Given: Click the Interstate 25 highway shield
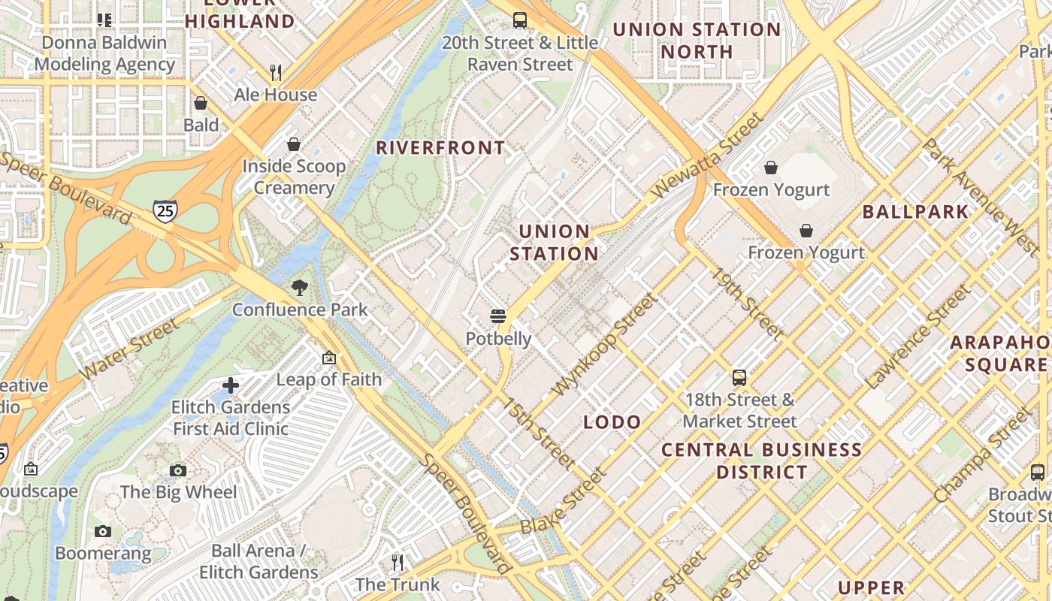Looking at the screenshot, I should point(165,210).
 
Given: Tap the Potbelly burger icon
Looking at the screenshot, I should point(497,316).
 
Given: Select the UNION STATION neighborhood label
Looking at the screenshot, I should point(555,243).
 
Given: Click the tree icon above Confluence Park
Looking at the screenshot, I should point(299,287).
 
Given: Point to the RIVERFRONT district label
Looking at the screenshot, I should point(440,148).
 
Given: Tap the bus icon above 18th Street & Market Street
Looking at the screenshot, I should point(739,377).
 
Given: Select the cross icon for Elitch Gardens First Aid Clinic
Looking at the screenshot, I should point(231,385).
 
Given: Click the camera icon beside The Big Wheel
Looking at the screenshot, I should point(178,471).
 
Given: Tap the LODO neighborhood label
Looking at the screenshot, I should point(612,422).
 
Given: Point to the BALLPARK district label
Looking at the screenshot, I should point(915,212).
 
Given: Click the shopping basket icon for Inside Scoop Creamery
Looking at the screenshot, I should point(294,143).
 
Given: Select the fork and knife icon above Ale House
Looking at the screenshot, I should point(276,72).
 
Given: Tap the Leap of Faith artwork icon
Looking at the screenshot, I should point(329,358).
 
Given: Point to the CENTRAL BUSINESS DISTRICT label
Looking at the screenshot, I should point(761,461).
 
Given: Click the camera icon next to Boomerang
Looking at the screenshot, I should point(103,532).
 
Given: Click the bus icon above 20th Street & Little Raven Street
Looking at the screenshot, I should point(519,20).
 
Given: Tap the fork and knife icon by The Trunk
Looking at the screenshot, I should point(398,562).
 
